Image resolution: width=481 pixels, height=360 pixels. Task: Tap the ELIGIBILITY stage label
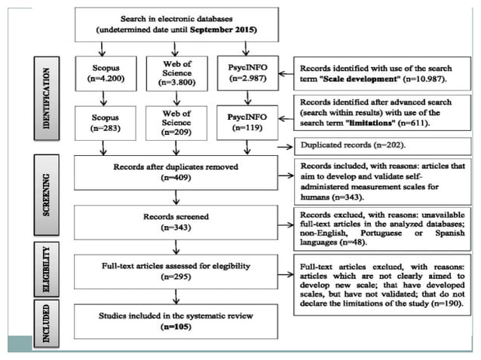47,268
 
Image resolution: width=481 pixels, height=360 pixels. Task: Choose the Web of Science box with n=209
176,123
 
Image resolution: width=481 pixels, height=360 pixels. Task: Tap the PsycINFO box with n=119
244,123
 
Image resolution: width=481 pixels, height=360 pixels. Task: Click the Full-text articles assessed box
175,270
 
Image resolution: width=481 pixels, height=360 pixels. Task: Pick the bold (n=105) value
175,328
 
